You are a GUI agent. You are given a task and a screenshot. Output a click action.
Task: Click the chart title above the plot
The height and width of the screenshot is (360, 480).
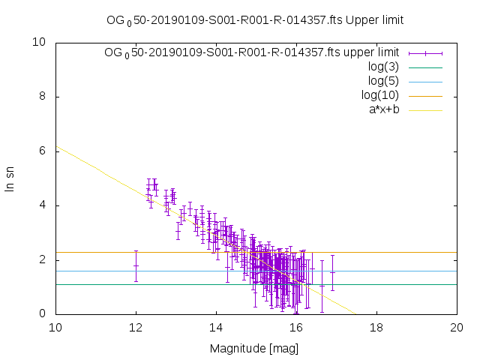point(255,20)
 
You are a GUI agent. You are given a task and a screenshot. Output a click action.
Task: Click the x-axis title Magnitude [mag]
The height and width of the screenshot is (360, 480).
point(255,348)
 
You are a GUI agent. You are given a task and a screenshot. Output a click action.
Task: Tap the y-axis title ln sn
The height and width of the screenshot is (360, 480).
point(10,178)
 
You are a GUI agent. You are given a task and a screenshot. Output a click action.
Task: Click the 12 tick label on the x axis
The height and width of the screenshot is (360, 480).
point(136,328)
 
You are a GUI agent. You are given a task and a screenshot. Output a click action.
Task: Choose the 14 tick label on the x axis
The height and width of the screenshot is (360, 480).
point(216,328)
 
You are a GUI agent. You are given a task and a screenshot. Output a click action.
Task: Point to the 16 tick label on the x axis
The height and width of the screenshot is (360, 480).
point(296,328)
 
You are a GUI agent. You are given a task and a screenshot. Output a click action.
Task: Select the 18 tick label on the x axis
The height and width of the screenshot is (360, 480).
point(376,328)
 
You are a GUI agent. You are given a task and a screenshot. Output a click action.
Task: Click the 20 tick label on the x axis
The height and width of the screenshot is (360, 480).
point(457,328)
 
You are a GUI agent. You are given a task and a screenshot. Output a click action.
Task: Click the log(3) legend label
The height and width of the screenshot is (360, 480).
point(382,67)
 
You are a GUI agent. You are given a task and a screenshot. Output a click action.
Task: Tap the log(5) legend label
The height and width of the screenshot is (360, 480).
point(382,81)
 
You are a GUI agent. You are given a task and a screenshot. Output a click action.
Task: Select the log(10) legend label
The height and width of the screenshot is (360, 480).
point(379,95)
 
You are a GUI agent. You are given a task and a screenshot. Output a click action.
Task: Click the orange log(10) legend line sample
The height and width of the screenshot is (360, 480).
point(425,95)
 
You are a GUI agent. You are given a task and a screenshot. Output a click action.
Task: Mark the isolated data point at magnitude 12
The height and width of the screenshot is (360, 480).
point(136,265)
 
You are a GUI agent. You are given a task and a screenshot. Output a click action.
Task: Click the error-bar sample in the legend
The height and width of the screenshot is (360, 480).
point(425,52)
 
